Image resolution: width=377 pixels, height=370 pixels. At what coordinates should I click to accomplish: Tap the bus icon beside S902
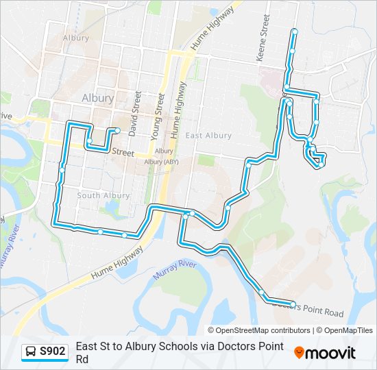coord(31,352)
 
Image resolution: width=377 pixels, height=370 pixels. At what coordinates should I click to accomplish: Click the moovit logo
coord(325,353)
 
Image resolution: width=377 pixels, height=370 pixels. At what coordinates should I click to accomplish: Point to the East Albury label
coord(208,136)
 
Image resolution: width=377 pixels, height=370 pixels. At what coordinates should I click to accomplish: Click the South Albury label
coord(103,195)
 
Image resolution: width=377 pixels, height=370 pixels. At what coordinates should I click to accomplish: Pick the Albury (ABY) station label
coord(163,161)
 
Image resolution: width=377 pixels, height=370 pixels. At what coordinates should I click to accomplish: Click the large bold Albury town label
coord(97,98)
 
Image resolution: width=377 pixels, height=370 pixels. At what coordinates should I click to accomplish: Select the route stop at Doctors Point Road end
coord(293,304)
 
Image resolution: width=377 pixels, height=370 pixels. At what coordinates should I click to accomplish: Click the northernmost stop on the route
coord(295,32)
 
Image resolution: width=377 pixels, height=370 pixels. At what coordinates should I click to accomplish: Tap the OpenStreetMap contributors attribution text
coord(258,330)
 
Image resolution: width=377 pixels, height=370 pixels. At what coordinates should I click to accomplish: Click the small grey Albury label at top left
coord(75,38)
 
